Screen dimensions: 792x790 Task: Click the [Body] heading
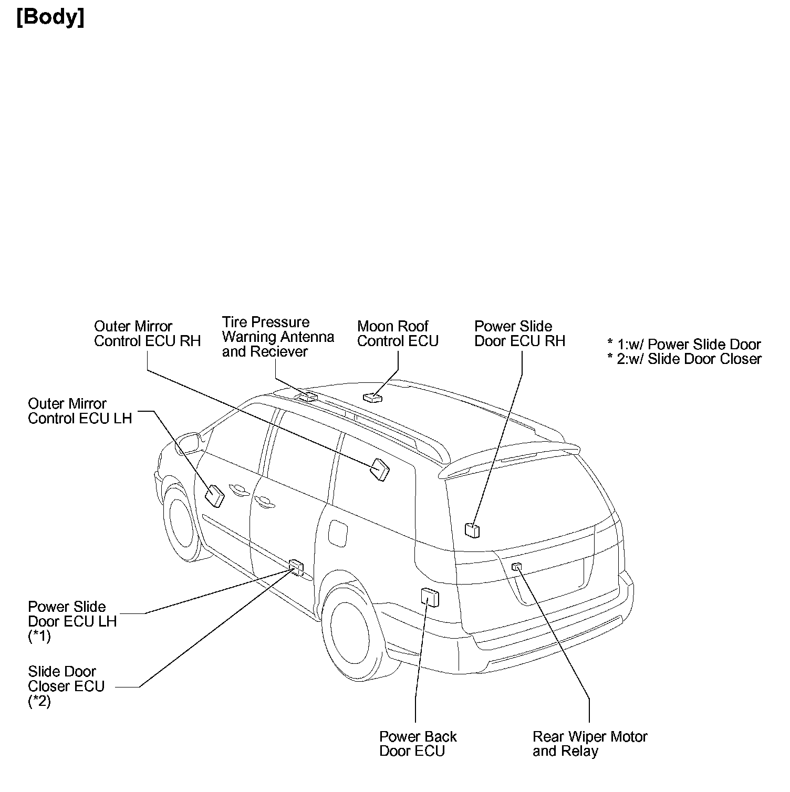50,17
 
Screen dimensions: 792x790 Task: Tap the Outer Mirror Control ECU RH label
147,334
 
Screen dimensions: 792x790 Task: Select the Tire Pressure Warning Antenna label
278,337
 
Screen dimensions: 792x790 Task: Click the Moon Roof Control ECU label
398,334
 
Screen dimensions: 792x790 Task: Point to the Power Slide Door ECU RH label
519,334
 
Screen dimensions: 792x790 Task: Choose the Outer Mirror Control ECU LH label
80,411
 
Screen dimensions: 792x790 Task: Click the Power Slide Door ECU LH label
72,621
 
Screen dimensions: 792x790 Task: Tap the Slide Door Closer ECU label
66,686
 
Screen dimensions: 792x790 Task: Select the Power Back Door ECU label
418,743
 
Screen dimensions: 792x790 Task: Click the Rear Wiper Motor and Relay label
590,743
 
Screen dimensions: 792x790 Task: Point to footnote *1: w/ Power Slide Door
684,345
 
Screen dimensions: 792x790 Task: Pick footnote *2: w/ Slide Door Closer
684,359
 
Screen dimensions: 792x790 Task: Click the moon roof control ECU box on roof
373,398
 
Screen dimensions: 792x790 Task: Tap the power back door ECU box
430,597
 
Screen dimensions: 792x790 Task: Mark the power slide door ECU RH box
472,530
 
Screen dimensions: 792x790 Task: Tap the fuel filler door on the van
338,532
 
